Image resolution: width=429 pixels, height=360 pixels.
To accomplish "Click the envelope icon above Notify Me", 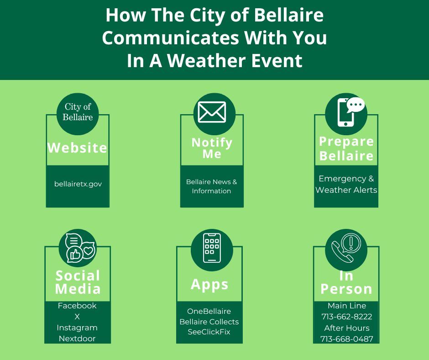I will pos(212,112).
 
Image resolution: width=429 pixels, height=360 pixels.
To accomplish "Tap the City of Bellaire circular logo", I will pos(78,112).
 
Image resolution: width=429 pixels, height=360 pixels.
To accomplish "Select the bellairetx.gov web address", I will pos(78,184).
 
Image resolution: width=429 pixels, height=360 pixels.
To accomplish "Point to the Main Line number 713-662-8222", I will pos(346,317).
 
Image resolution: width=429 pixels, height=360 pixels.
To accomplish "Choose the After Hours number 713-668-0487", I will pos(346,339).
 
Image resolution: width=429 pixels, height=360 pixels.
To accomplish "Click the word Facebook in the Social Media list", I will pos(77,306).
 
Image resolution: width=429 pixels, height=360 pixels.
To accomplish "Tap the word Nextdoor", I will pos(77,339).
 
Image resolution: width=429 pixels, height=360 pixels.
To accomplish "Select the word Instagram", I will pos(77,328).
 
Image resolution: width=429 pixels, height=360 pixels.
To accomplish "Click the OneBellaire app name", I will pos(209,311).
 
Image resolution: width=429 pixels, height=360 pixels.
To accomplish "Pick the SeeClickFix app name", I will pos(209,332).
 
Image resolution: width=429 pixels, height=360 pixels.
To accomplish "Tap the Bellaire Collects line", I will pos(209,322).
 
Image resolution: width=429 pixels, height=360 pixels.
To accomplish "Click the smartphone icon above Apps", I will pos(212,248).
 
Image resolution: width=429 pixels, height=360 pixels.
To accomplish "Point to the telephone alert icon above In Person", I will pos(346,249).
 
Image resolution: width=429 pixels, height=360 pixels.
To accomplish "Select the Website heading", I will pos(78,148).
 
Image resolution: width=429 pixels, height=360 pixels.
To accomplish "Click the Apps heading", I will pos(209,284).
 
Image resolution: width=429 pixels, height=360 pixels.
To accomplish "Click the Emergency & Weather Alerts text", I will pos(346,184).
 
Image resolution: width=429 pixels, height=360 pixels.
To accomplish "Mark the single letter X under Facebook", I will pos(77,317).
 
